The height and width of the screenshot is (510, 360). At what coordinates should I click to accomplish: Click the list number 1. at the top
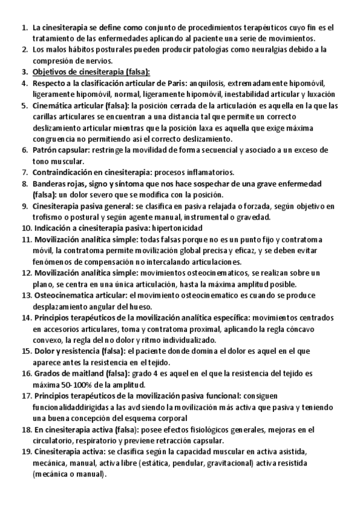click(25, 28)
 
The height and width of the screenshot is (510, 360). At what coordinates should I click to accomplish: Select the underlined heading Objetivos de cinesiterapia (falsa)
click(84, 72)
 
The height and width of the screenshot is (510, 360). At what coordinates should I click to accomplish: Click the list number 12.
click(26, 273)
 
